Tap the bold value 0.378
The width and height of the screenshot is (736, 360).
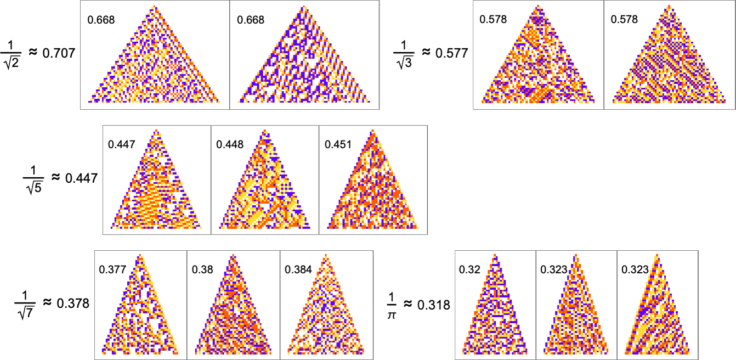click(73, 303)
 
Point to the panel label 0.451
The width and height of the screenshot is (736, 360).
click(336, 145)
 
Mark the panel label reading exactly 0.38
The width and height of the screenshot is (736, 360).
click(200, 269)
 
